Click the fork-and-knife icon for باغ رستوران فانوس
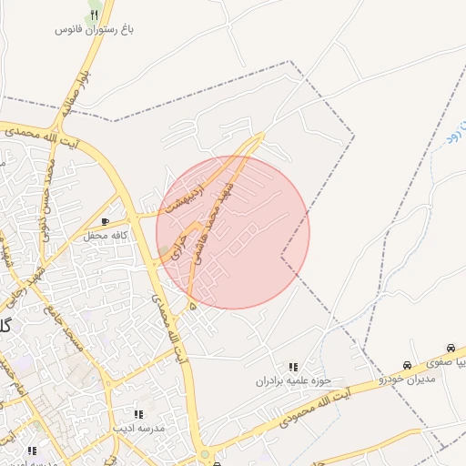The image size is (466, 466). click(95, 15)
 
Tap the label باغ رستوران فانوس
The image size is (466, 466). click(96, 30)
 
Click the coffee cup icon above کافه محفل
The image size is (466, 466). click(106, 221)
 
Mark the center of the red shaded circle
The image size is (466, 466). click(233, 232)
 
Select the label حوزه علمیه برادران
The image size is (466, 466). click(292, 380)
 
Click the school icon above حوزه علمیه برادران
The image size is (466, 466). click(293, 367)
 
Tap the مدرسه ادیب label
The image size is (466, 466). click(138, 427)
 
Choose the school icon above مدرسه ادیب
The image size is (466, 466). click(138, 413)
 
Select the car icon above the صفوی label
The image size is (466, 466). click(451, 349)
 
